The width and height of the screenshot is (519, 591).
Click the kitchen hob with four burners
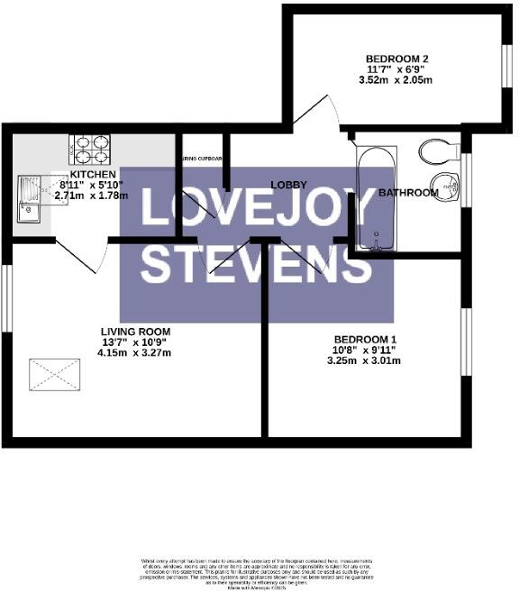pyautogui.click(x=90, y=147)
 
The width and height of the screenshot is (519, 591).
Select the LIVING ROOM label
pyautogui.click(x=135, y=332)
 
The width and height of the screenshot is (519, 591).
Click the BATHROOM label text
pyautogui.click(x=408, y=193)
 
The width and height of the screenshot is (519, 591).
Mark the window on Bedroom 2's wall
pyautogui.click(x=506, y=64)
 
